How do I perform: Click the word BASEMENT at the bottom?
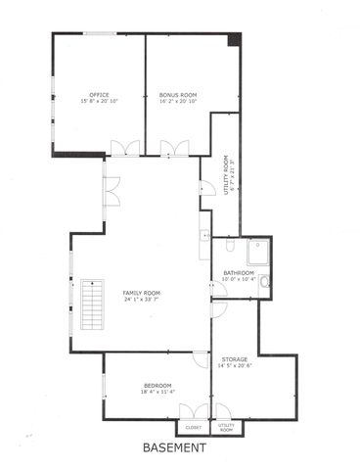(174, 448)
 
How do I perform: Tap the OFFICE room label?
(98, 96)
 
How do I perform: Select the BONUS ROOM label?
(177, 96)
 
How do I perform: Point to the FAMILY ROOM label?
(141, 294)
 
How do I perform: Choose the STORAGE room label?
(234, 359)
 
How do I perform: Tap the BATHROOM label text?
(239, 272)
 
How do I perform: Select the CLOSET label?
(193, 427)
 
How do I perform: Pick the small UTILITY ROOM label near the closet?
(226, 428)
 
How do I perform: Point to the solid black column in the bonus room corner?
(234, 39)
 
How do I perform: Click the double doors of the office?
(124, 149)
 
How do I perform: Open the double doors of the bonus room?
(174, 149)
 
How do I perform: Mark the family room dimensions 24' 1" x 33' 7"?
(141, 300)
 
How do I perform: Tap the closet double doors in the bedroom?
(201, 411)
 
